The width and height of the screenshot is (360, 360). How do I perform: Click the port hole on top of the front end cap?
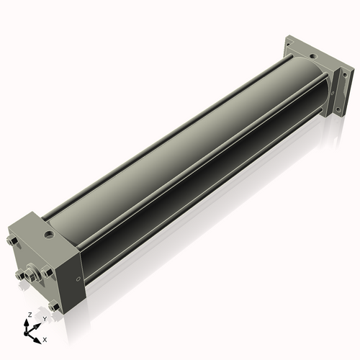point(48,234)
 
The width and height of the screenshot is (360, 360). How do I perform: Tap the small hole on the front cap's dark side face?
point(77,279)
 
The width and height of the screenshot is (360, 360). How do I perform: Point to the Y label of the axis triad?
point(45,318)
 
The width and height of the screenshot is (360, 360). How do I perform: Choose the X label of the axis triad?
point(45,338)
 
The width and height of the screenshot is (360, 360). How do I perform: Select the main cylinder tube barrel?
point(180,158)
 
